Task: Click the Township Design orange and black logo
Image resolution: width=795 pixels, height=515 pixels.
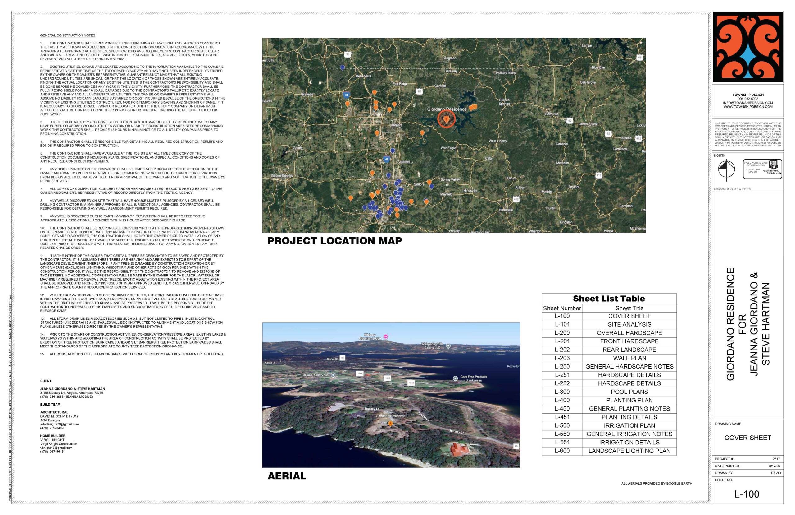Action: point(747,47)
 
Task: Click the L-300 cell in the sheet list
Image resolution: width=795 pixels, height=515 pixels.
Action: point(562,392)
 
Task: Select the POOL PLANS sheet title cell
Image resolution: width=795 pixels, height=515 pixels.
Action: point(629,392)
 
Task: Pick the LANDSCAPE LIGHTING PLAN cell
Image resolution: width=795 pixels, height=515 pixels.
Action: point(629,451)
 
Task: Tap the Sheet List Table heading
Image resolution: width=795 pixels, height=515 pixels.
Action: point(609,299)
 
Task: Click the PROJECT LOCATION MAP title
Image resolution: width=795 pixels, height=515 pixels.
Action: point(334,241)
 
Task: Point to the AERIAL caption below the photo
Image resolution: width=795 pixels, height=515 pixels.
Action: point(287,476)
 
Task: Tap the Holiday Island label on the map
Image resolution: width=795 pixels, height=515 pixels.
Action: point(506,72)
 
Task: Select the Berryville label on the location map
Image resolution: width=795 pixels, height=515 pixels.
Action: point(552,114)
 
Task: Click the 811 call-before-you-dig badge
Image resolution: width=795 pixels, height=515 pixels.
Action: point(762,169)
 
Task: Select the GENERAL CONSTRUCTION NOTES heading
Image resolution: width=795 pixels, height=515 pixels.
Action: point(68,35)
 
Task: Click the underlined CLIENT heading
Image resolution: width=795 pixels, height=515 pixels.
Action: point(46,381)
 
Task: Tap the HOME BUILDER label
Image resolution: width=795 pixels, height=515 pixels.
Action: point(53,436)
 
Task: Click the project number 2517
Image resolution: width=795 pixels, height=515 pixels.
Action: point(776,459)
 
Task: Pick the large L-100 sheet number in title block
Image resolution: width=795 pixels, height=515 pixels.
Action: point(747,494)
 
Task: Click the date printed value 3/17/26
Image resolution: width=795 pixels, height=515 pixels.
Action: point(774,466)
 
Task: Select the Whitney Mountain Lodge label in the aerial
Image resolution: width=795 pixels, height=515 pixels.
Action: point(370,337)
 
